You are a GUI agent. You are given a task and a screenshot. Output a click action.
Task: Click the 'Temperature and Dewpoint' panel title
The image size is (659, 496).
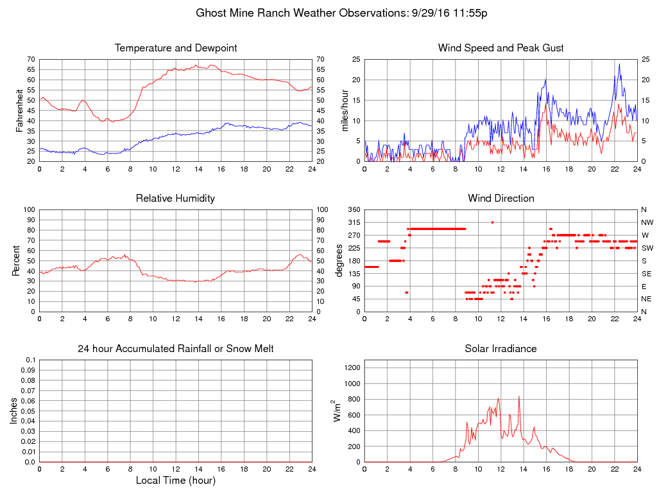coord(175,48)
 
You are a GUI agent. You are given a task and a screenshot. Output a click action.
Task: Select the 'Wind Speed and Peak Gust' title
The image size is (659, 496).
coord(501,48)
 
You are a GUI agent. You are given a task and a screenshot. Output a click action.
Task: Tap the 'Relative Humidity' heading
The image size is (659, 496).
coord(175,199)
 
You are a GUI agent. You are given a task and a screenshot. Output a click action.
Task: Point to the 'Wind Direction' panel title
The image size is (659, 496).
coord(501,199)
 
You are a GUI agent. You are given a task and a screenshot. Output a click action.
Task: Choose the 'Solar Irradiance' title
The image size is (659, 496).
coord(501,349)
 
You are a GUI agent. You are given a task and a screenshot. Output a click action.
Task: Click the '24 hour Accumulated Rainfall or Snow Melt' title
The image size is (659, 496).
coord(175,349)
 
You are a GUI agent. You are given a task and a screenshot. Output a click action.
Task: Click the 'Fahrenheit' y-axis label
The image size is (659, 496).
coord(21,110)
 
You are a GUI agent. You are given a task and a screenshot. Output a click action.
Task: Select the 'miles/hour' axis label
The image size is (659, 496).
coord(345,110)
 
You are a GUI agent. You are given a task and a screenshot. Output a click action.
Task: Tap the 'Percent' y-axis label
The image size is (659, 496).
coord(15,261)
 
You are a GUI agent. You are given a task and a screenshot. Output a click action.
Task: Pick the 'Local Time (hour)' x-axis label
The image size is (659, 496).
coord(175,481)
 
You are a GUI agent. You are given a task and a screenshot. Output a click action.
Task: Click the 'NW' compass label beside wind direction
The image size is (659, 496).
coord(647,222)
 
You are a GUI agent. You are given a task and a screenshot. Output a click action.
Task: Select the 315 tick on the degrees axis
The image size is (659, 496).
coord(353,222)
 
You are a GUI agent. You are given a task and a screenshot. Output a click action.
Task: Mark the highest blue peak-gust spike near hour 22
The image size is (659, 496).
coord(619,64)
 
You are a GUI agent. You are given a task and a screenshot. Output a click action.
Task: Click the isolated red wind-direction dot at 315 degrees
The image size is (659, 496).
coord(492,222)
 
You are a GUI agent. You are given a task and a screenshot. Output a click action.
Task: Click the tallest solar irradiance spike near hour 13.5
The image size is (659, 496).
coord(518,397)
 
